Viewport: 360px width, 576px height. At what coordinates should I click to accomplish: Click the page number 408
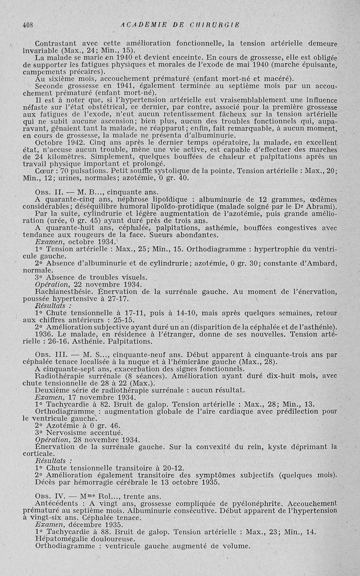point(28,25)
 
